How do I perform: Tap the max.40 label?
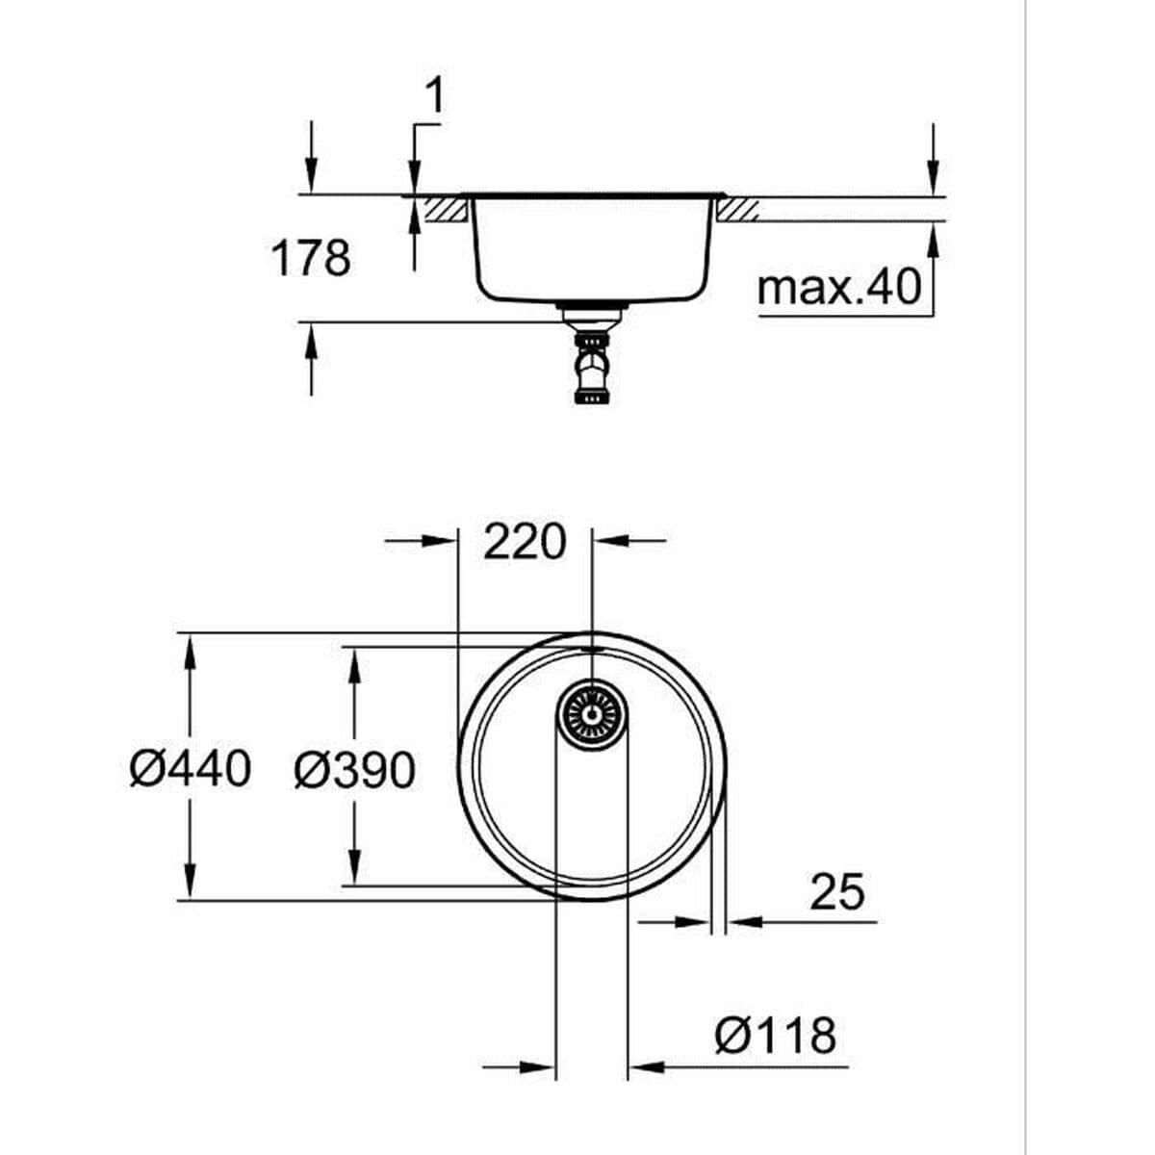pos(838,286)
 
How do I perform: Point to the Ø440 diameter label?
pos(191,769)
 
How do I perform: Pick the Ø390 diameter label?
pos(354,770)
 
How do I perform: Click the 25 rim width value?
pos(837,892)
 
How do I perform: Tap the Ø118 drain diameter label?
pos(775,1037)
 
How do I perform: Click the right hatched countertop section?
pos(738,209)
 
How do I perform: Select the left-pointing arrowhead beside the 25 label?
pos(741,922)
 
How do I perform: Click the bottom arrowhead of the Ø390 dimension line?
pos(355,870)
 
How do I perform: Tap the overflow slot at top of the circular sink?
pos(592,650)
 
